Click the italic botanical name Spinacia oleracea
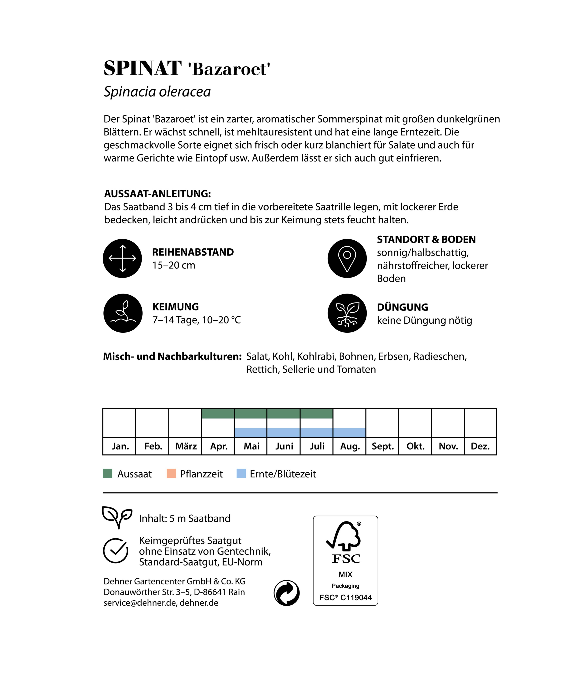[x=157, y=92]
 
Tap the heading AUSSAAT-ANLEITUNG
[x=158, y=194]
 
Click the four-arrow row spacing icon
[x=122, y=258]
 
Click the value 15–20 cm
[x=174, y=265]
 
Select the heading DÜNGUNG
[x=402, y=307]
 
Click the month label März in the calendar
[x=186, y=446]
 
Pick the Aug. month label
[x=349, y=446]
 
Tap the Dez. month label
[x=480, y=446]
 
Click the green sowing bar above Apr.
[x=218, y=414]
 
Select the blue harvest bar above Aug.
[x=349, y=432]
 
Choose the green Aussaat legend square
[x=108, y=474]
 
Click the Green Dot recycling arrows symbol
[x=286, y=593]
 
